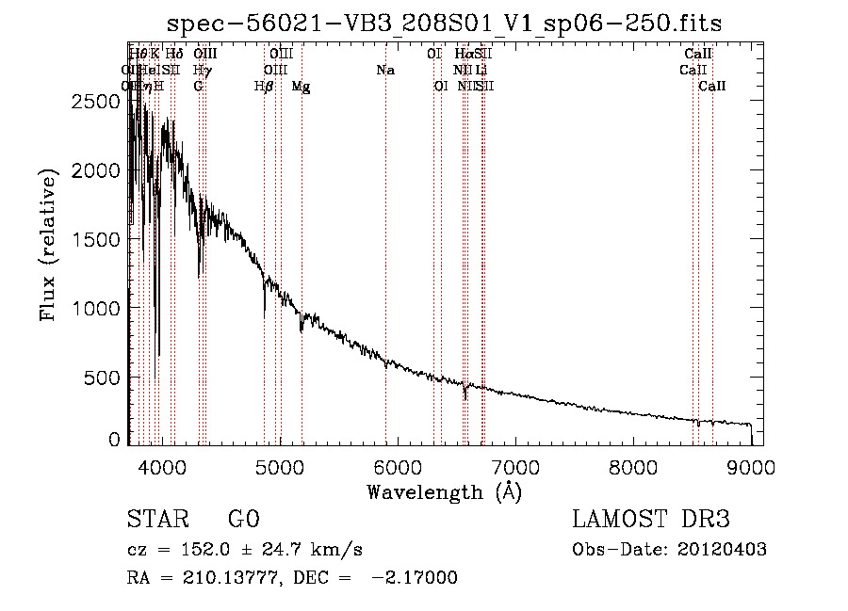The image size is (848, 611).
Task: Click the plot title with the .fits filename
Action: coord(444,24)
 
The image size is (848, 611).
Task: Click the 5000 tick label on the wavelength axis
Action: coord(279,467)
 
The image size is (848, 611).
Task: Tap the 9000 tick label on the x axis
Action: coord(751,467)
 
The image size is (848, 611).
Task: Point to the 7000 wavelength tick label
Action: coord(514,467)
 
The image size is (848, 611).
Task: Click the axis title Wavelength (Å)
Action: coord(444,491)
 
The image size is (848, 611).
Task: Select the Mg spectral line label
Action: coord(301,87)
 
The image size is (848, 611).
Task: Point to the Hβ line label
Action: coord(264,87)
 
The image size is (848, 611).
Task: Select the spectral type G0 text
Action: coord(243,521)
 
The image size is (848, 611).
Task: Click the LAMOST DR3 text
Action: coord(651,521)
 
